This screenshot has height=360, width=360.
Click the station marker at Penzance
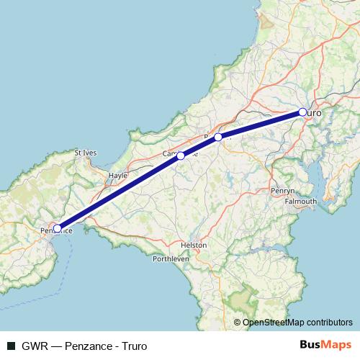click(x=58, y=229)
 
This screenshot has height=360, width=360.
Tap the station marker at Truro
click(x=303, y=112)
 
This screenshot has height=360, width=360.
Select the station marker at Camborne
click(x=181, y=156)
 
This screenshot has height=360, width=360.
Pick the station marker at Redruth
click(x=218, y=136)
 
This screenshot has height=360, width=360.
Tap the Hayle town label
click(x=117, y=175)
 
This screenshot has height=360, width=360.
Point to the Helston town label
click(x=194, y=245)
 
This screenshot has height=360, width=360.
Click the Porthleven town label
click(x=171, y=259)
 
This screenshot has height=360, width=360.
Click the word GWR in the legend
click(x=31, y=346)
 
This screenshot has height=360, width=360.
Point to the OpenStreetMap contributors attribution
click(x=293, y=323)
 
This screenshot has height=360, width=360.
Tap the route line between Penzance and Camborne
click(x=119, y=192)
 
